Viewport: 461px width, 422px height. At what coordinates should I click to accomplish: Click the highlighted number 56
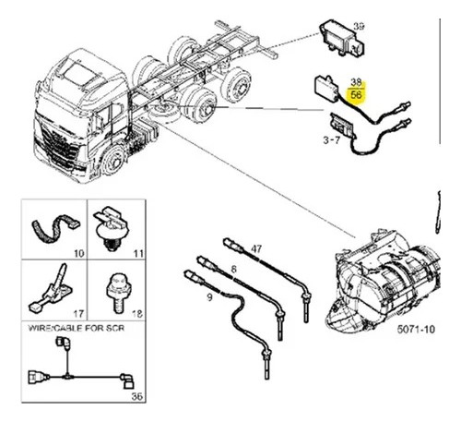[x=356, y=94]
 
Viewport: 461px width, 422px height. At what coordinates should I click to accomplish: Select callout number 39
[x=359, y=27]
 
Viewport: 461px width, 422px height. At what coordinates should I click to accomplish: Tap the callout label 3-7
[x=332, y=140]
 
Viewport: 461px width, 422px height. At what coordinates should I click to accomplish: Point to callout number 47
[x=256, y=248]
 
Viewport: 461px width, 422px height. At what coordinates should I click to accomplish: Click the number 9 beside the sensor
[x=209, y=297]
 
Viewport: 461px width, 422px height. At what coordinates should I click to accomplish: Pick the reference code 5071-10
[x=416, y=330]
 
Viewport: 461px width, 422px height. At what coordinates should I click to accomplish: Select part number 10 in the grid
[x=78, y=253]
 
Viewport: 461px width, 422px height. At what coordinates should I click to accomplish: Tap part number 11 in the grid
[x=138, y=253]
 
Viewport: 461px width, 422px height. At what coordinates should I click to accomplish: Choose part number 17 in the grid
[x=78, y=314]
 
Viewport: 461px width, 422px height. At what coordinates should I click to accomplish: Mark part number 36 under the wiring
[x=137, y=396]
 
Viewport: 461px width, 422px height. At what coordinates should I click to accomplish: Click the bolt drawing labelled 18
[x=119, y=293]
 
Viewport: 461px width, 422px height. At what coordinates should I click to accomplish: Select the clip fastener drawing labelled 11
[x=111, y=228]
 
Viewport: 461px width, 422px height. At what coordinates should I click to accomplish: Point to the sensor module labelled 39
[x=342, y=39]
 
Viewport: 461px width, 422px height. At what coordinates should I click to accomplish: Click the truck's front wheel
[x=114, y=161]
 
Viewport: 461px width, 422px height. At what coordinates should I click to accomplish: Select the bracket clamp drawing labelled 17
[x=51, y=291]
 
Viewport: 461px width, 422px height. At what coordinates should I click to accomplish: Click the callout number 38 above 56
[x=356, y=82]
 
